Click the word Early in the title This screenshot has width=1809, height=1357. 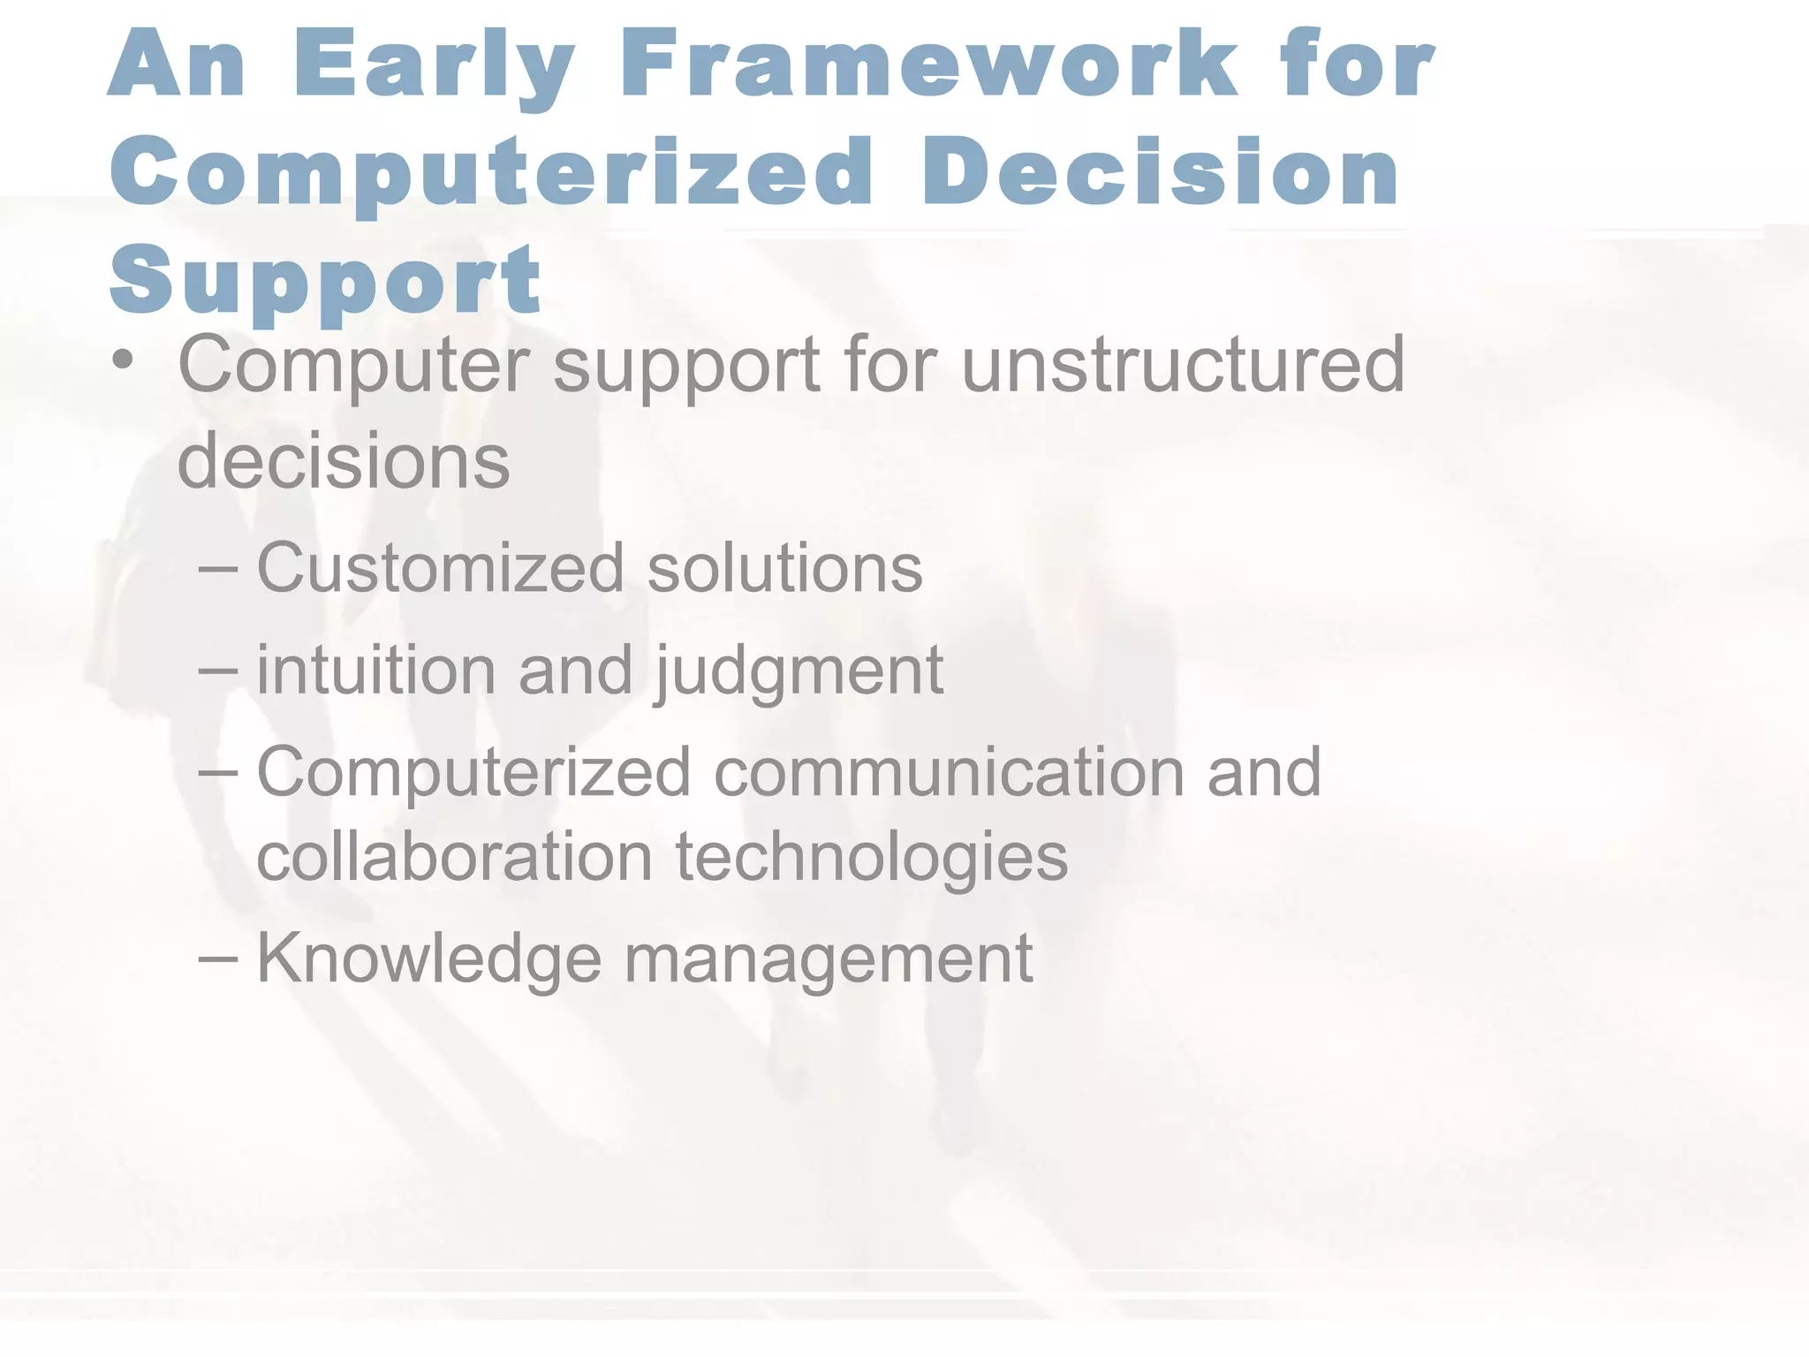(433, 66)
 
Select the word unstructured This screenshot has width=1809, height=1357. (1183, 363)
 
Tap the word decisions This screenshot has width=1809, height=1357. (344, 460)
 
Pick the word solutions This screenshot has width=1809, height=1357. (785, 567)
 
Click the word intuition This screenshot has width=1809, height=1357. (375, 670)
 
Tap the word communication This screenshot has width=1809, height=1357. (949, 771)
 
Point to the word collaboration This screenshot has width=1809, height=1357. (454, 856)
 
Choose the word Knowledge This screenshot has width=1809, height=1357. (428, 959)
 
